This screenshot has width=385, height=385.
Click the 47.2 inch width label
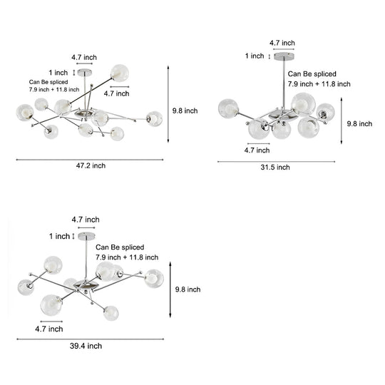pyautogui.click(x=91, y=165)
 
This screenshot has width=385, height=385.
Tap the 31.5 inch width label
pyautogui.click(x=275, y=168)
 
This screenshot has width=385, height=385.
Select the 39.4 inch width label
pyautogui.click(x=86, y=346)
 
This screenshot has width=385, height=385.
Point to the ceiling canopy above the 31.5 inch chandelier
pyautogui.click(x=284, y=56)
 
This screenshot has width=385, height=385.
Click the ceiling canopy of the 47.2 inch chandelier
pyautogui.click(x=85, y=73)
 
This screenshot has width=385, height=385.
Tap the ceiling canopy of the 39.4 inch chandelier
pyautogui.click(x=86, y=236)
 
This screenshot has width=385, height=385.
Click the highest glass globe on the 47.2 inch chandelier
pyautogui.click(x=120, y=73)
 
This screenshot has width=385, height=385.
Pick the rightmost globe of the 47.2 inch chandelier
pyautogui.click(x=154, y=119)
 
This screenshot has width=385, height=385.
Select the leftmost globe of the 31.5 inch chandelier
pyautogui.click(x=228, y=108)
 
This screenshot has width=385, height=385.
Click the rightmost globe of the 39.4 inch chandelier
pyautogui.click(x=154, y=279)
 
